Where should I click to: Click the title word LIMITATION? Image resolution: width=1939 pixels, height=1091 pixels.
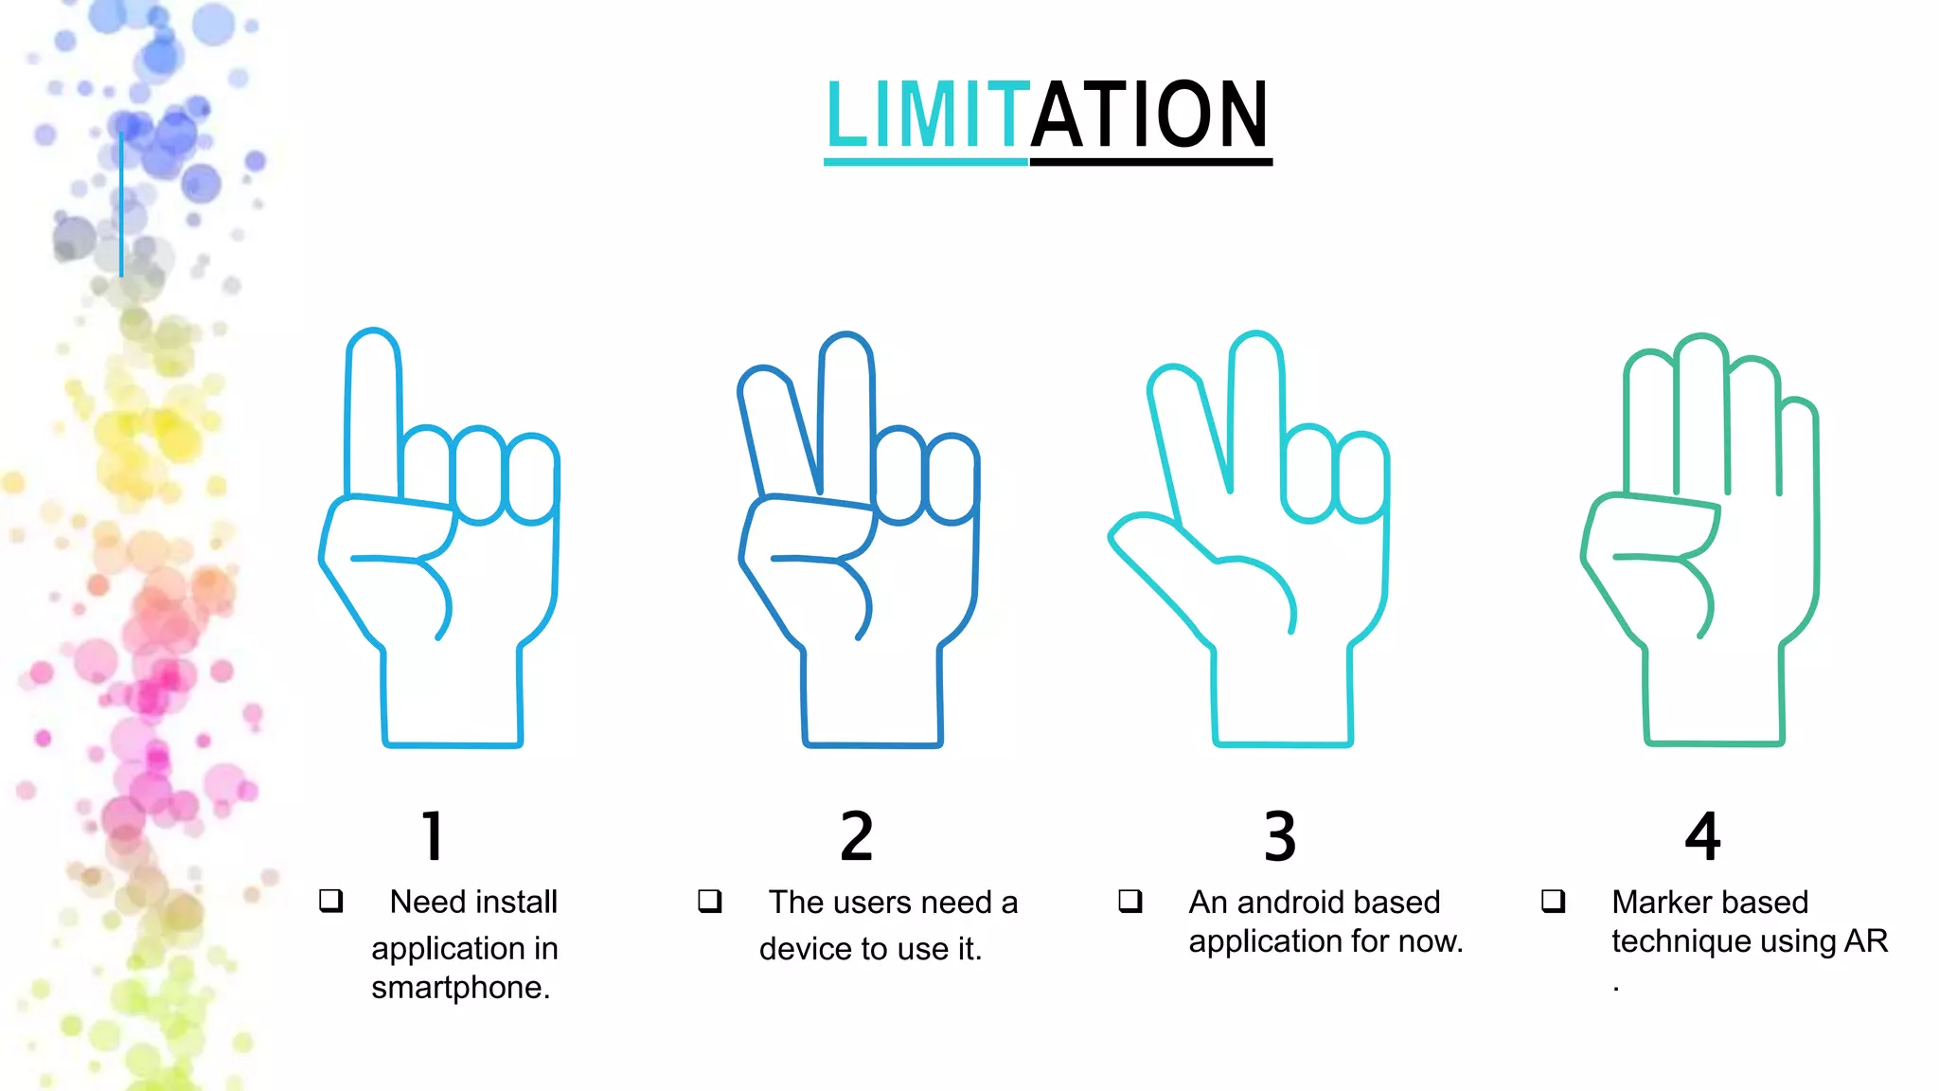tap(1047, 115)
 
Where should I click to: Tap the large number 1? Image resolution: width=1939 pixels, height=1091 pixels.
tap(433, 836)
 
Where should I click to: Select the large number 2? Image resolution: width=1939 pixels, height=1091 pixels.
tap(857, 836)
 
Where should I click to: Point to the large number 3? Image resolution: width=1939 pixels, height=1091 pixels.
tap(1280, 836)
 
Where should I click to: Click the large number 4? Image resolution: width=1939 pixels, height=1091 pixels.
tap(1702, 836)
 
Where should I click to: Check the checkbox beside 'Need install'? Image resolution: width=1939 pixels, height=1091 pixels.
tap(330, 900)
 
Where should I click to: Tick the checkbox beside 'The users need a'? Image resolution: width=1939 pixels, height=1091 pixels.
tap(710, 900)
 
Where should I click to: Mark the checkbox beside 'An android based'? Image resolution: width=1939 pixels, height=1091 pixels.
tap(1130, 900)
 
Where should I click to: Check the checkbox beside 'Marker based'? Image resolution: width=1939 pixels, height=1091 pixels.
tap(1553, 900)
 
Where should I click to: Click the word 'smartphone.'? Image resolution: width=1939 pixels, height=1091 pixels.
tap(461, 988)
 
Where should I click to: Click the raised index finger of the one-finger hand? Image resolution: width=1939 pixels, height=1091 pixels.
tap(374, 412)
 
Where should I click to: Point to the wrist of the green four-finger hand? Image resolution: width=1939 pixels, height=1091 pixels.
tap(1714, 696)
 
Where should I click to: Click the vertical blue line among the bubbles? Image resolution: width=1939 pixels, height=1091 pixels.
tap(121, 205)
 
